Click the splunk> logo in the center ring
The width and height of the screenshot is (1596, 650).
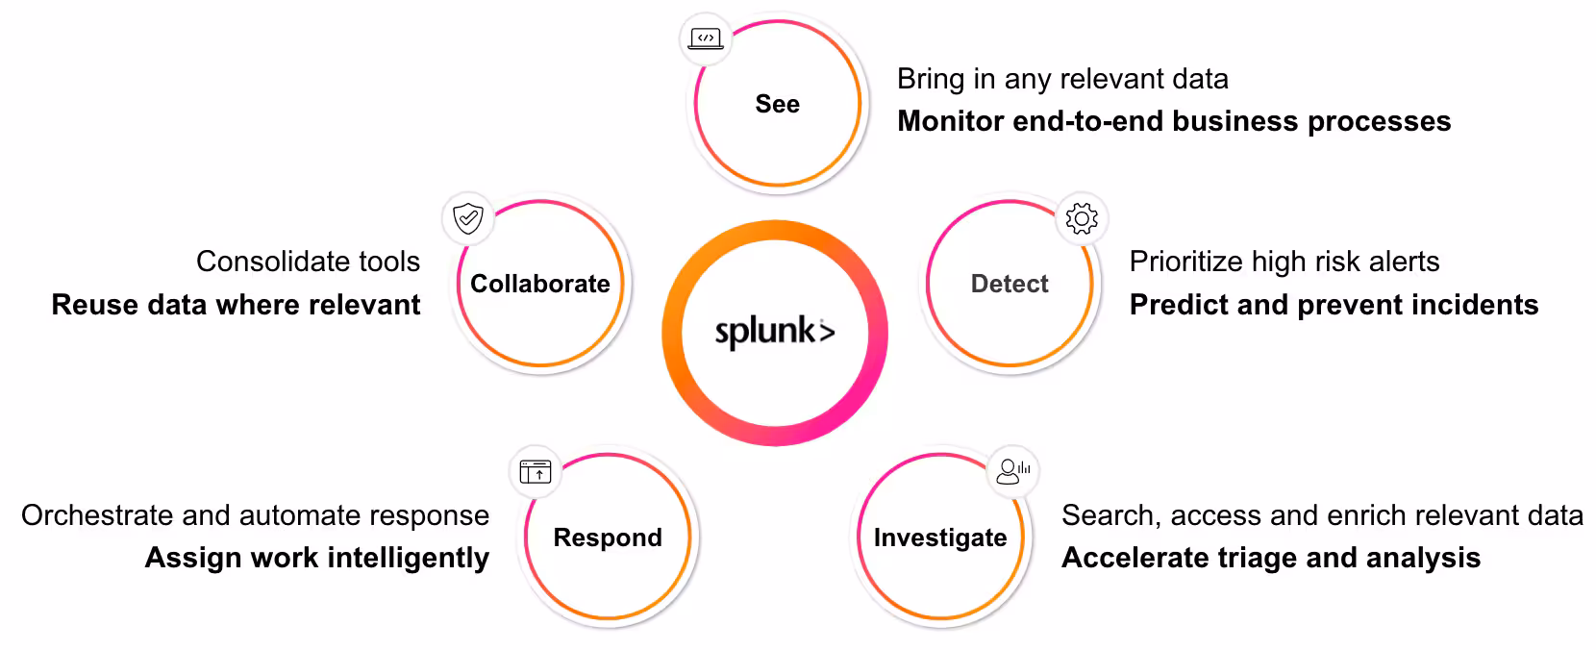pyautogui.click(x=775, y=332)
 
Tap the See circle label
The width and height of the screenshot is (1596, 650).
pyautogui.click(x=777, y=104)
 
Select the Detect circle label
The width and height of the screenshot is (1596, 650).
pyautogui.click(x=1010, y=284)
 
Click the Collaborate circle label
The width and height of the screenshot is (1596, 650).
pyautogui.click(x=540, y=284)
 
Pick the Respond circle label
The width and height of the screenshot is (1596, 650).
pyautogui.click(x=608, y=537)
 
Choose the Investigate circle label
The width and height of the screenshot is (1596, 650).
pyautogui.click(x=940, y=537)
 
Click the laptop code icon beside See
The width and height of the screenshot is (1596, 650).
pyautogui.click(x=707, y=39)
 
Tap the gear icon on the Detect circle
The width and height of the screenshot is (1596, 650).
pyautogui.click(x=1082, y=219)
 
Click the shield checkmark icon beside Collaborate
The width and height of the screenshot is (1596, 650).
pyautogui.click(x=468, y=219)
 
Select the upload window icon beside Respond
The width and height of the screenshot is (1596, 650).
pyautogui.click(x=536, y=471)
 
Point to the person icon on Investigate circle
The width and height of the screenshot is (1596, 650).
pyautogui.click(x=1012, y=471)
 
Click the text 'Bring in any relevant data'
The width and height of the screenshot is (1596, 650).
pyautogui.click(x=1062, y=79)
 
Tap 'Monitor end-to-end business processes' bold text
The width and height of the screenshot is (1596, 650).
pyautogui.click(x=1173, y=121)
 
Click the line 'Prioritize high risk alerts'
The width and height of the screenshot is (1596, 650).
pyautogui.click(x=1284, y=262)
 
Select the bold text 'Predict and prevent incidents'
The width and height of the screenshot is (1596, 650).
pyautogui.click(x=1334, y=305)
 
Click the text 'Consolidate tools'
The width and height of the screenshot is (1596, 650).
pyautogui.click(x=308, y=262)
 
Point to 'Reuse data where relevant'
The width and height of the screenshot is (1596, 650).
pyautogui.click(x=236, y=305)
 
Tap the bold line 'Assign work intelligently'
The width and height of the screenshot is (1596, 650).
pyautogui.click(x=317, y=558)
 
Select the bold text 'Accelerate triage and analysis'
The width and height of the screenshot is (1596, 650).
pyautogui.click(x=1270, y=558)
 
